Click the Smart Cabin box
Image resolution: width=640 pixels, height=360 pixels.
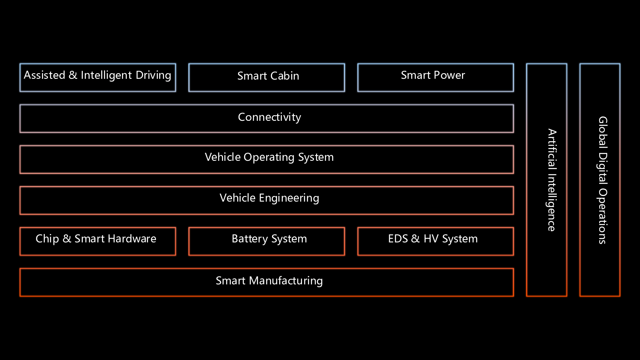click(x=266, y=78)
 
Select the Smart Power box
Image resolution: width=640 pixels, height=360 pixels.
click(x=435, y=78)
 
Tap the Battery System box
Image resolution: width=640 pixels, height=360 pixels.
click(x=266, y=241)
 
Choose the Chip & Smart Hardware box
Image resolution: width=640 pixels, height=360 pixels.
click(x=98, y=241)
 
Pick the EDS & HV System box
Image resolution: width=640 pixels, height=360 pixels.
click(x=435, y=241)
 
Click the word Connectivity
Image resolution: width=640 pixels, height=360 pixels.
click(x=269, y=117)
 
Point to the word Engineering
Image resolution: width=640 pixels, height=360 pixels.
click(x=289, y=198)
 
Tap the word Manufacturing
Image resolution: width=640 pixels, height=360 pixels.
click(x=286, y=281)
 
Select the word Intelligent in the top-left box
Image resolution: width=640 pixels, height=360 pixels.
click(x=106, y=75)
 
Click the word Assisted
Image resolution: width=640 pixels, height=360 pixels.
click(x=44, y=75)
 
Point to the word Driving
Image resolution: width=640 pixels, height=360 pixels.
click(x=153, y=75)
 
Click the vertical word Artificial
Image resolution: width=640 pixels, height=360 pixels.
click(x=552, y=148)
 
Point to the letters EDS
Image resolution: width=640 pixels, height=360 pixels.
click(x=398, y=239)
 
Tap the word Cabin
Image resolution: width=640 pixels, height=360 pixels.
click(x=284, y=76)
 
